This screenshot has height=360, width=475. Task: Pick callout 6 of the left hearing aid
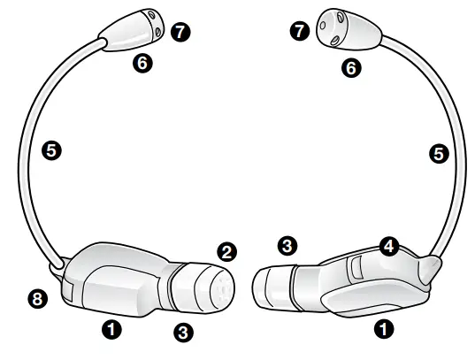tap(142, 63)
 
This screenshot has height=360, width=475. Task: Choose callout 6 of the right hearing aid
tap(352, 67)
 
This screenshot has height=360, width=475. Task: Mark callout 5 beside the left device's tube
tap(52, 152)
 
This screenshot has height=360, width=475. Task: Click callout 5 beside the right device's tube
tap(438, 153)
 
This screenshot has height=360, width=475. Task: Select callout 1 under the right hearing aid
tap(385, 330)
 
